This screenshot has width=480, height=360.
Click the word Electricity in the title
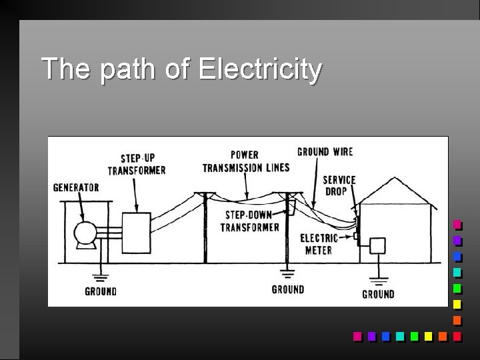260,69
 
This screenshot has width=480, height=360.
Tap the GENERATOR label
76,187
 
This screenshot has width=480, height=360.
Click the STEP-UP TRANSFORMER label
137,164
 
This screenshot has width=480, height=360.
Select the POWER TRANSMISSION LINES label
246,161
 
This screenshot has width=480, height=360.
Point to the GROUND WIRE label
325,151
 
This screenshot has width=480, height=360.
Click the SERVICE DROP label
339,185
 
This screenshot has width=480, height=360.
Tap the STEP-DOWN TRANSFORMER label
250,221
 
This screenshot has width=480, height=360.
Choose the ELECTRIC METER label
319,244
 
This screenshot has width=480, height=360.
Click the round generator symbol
85,234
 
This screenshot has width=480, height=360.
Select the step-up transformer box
136,232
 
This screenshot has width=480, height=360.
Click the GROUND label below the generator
101,291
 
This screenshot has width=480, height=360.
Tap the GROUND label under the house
378,294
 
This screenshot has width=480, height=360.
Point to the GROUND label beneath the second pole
288,289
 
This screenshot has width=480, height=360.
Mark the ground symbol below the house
378,279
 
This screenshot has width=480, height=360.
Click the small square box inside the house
377,245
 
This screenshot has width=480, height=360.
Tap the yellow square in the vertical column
457,305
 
